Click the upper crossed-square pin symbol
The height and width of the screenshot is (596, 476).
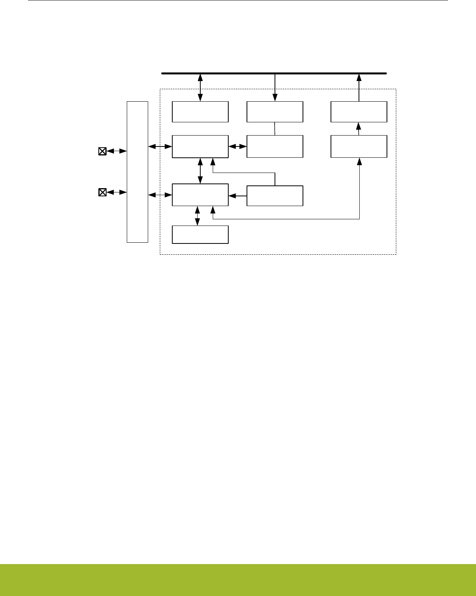point(102,151)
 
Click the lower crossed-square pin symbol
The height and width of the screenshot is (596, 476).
point(102,192)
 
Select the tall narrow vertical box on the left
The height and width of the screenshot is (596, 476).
point(138,172)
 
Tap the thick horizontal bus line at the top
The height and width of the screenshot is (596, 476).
point(274,73)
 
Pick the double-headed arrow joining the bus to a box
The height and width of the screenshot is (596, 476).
point(200,87)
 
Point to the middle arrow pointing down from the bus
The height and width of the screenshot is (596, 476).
point(275,87)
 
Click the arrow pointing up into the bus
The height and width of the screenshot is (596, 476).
point(359,87)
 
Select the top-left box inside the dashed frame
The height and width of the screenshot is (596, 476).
point(200,112)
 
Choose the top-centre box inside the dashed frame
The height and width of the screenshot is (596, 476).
point(275,112)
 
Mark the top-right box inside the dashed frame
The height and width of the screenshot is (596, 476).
point(359,112)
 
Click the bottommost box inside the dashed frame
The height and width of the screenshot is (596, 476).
point(200,235)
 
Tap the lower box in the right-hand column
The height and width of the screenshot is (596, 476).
point(359,146)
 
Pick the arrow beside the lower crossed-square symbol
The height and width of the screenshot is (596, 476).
point(117,192)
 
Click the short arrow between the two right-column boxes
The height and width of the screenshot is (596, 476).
point(359,129)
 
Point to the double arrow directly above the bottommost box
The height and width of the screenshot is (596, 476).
point(198,216)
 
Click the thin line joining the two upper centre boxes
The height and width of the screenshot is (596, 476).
point(275,129)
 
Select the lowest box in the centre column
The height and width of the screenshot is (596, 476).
point(275,196)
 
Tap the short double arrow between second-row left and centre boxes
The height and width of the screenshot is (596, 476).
point(238,147)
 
